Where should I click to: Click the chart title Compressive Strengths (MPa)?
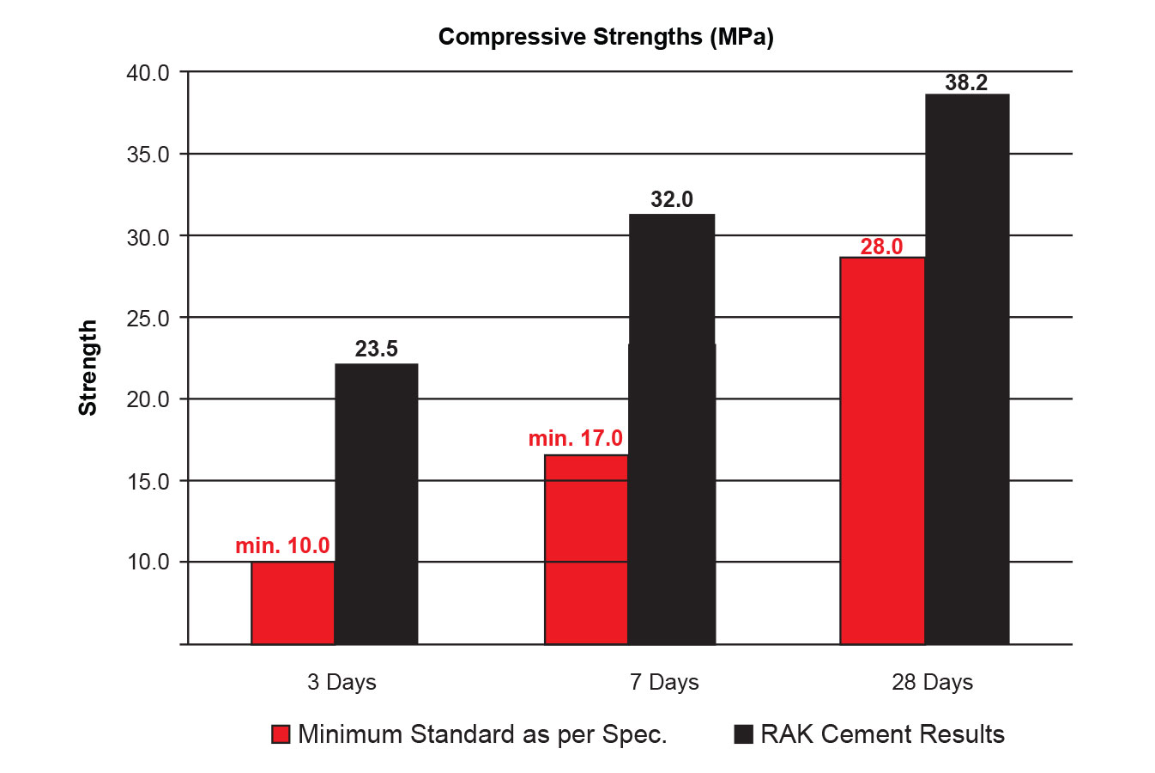click(x=606, y=37)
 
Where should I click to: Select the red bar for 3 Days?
click(x=293, y=602)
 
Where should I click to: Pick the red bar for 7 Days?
click(x=586, y=549)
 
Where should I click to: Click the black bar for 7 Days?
click(x=672, y=429)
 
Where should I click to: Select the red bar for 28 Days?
click(x=882, y=450)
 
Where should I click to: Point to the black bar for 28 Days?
click(x=966, y=368)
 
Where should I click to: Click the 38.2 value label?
click(x=966, y=82)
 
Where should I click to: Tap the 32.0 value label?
click(x=672, y=199)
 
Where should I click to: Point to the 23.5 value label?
click(x=376, y=349)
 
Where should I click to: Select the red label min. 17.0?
click(x=575, y=438)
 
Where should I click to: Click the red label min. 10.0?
click(x=282, y=545)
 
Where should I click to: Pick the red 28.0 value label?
click(x=881, y=247)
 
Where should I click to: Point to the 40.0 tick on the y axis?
click(x=148, y=73)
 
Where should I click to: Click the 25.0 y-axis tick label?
click(x=148, y=318)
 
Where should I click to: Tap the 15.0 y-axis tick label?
click(x=148, y=481)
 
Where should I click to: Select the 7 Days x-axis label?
click(x=664, y=682)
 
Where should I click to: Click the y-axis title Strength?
click(x=88, y=368)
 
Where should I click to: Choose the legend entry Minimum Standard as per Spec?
click(x=469, y=734)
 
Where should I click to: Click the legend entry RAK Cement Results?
click(x=869, y=734)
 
